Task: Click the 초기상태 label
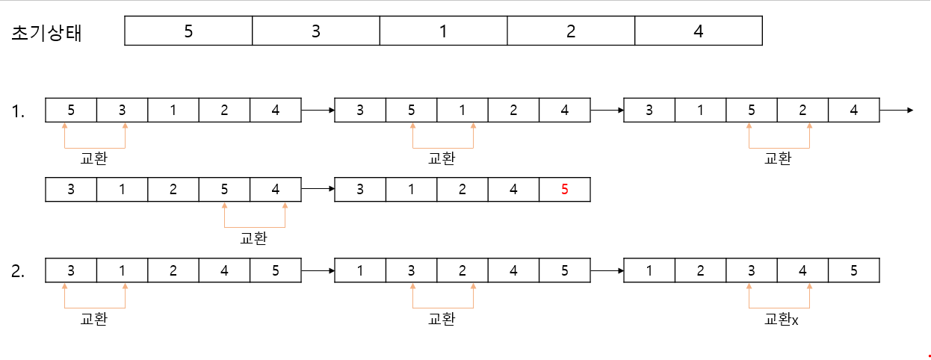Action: click(47, 33)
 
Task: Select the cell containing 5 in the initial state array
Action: click(188, 31)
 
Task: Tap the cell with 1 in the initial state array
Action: click(443, 31)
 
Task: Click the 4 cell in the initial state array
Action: click(698, 31)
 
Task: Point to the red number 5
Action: click(564, 190)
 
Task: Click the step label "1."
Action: click(19, 112)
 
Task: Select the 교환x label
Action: click(782, 319)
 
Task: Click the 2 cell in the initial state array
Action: click(571, 31)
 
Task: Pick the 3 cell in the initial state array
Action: click(316, 31)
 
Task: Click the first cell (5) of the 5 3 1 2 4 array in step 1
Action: click(71, 110)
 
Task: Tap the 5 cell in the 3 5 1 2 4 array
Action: click(411, 110)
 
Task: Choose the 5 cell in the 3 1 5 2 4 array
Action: click(751, 110)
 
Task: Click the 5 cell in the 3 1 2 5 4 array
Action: click(224, 190)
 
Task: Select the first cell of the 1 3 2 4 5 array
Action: click(360, 270)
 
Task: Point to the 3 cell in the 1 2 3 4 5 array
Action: click(751, 270)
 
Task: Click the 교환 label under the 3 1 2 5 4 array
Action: click(253, 239)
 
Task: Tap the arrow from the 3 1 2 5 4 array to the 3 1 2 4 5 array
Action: click(318, 190)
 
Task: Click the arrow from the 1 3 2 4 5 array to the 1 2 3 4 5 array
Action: click(607, 270)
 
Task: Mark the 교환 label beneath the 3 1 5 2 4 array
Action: click(779, 158)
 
